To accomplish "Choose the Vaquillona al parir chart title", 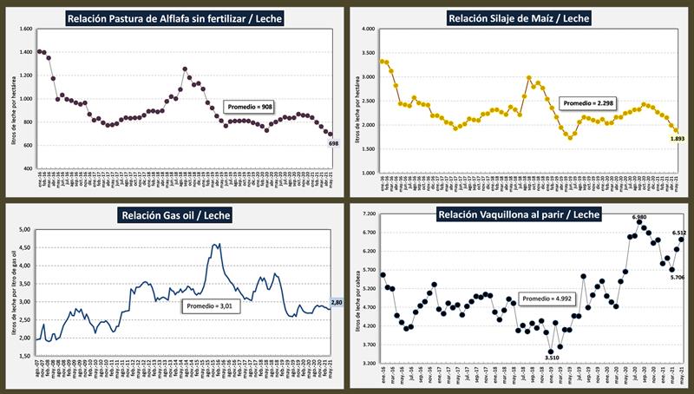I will click(518, 215).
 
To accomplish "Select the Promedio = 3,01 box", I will click(208, 305).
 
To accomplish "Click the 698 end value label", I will click(333, 142).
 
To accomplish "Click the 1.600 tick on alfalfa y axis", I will click(25, 29).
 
